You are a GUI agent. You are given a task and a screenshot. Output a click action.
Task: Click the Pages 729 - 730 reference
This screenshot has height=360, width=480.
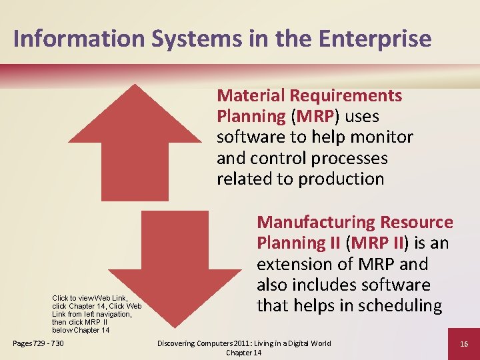tap(38, 343)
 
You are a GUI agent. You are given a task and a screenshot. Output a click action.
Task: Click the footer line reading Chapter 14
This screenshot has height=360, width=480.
tap(243, 353)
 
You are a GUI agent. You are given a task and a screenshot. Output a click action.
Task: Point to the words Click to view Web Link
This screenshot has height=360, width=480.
tap(89, 298)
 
